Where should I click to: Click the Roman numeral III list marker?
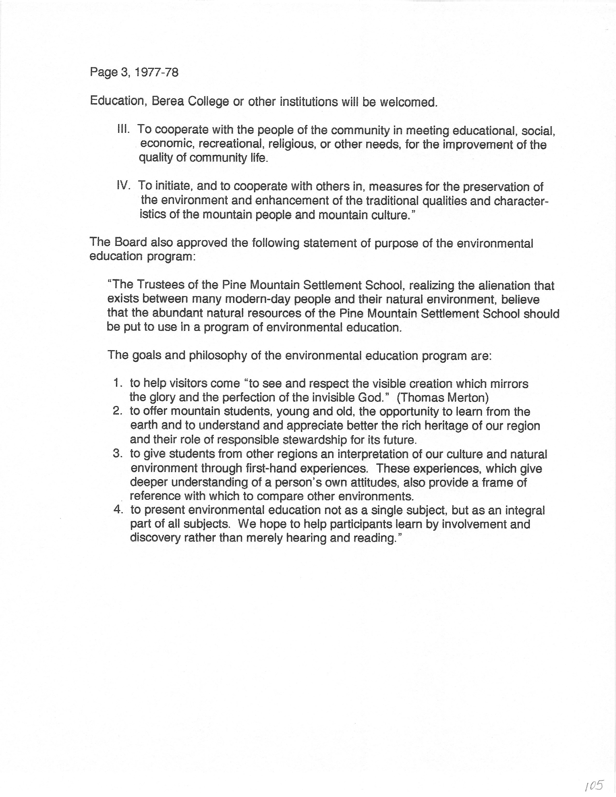click(x=123, y=129)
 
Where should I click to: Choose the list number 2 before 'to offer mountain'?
click(x=117, y=411)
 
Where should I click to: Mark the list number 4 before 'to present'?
click(x=117, y=510)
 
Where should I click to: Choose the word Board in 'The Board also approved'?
click(x=131, y=242)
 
